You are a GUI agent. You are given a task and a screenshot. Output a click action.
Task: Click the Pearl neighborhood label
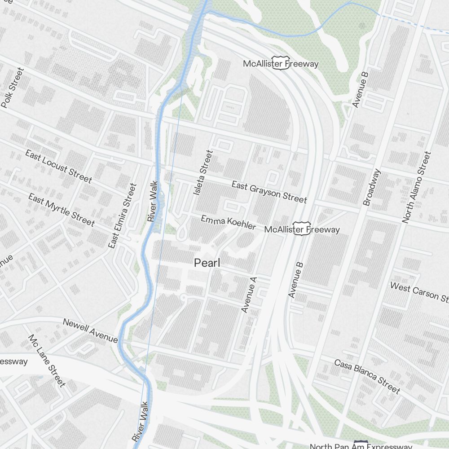pyautogui.click(x=207, y=263)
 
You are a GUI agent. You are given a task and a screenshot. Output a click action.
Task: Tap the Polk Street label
pyautogui.click(x=12, y=88)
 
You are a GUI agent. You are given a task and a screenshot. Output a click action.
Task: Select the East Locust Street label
pyautogui.click(x=58, y=167)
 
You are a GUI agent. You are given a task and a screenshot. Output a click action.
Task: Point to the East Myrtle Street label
pyautogui.click(x=62, y=210)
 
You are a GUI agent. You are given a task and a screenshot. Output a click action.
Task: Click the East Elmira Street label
pyautogui.click(x=122, y=216)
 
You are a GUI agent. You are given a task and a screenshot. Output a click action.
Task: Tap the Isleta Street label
pyautogui.click(x=202, y=172)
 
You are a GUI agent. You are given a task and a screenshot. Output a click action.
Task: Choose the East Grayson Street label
pyautogui.click(x=269, y=192)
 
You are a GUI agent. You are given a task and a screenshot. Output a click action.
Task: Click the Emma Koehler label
pyautogui.click(x=228, y=223)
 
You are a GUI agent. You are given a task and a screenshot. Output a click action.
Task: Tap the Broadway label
pyautogui.click(x=372, y=187)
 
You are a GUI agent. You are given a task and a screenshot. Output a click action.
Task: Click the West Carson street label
pyautogui.click(x=419, y=292)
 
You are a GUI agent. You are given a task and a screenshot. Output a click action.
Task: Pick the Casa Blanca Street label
pyautogui.click(x=367, y=376)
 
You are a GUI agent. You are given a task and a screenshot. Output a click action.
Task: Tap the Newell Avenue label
pyautogui.click(x=90, y=330)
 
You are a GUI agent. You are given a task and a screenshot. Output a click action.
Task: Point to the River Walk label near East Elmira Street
pyautogui.click(x=153, y=201)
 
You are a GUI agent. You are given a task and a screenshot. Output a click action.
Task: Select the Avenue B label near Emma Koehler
pyautogui.click(x=296, y=280)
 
